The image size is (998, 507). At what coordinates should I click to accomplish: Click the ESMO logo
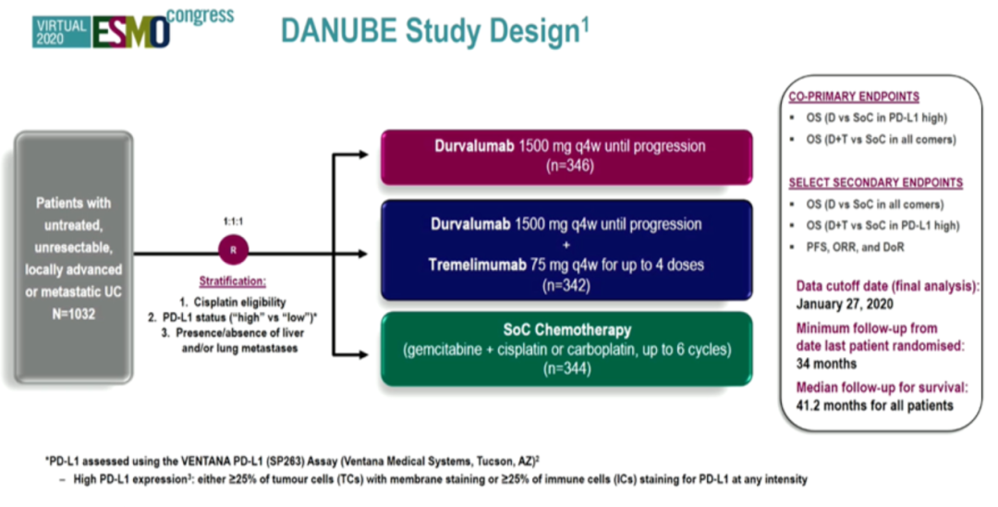[x=130, y=31]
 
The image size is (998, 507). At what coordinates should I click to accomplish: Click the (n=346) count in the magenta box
[x=566, y=166]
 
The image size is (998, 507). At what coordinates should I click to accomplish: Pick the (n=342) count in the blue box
[x=566, y=285]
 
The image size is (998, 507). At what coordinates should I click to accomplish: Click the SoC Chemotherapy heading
[x=566, y=329]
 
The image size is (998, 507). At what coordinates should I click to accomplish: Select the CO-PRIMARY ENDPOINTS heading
[x=853, y=96]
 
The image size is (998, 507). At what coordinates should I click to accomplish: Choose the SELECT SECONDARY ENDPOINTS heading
[x=874, y=182]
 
